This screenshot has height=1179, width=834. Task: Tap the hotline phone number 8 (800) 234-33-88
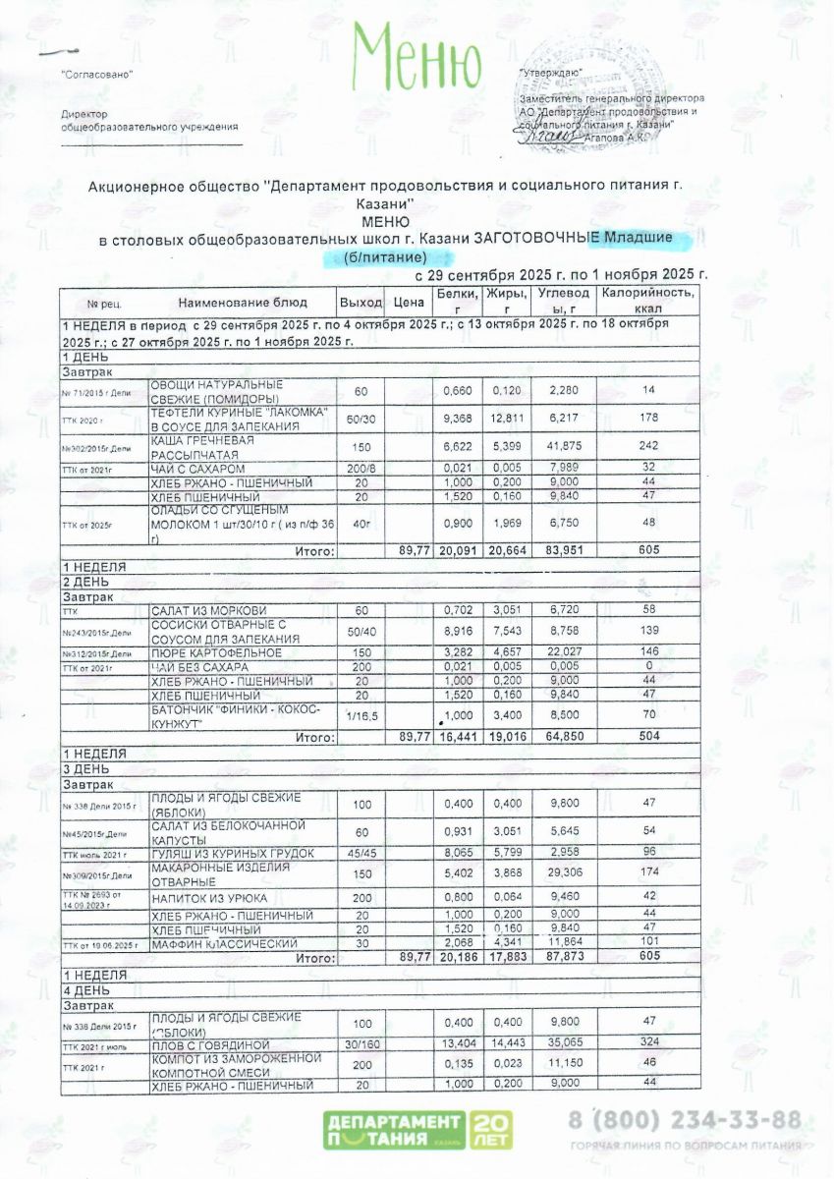(x=684, y=1120)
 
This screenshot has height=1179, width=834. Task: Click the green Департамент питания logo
(x=414, y=1130)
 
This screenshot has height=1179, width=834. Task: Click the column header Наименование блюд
(x=243, y=302)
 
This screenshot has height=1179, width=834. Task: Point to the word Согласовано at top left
(x=96, y=75)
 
